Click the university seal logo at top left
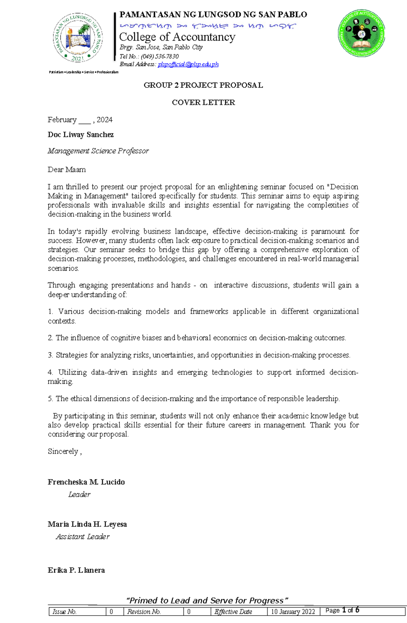(77, 37)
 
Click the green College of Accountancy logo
(362, 33)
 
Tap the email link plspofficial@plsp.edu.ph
(188, 64)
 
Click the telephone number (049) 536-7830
(160, 56)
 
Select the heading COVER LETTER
(203, 103)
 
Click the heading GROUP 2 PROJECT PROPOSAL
(203, 85)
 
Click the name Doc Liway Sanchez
(81, 135)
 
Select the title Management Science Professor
(98, 151)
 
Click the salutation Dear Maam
(66, 170)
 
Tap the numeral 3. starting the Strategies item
(50, 355)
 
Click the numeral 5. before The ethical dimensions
(50, 399)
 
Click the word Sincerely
(63, 452)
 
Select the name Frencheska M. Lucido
(86, 482)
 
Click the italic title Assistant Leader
(83, 537)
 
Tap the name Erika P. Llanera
(76, 570)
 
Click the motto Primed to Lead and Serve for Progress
(207, 601)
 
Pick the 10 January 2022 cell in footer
(293, 611)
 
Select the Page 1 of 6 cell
(342, 610)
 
